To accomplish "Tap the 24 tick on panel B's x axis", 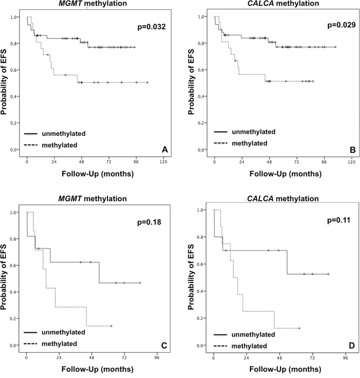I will tap(242, 161).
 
